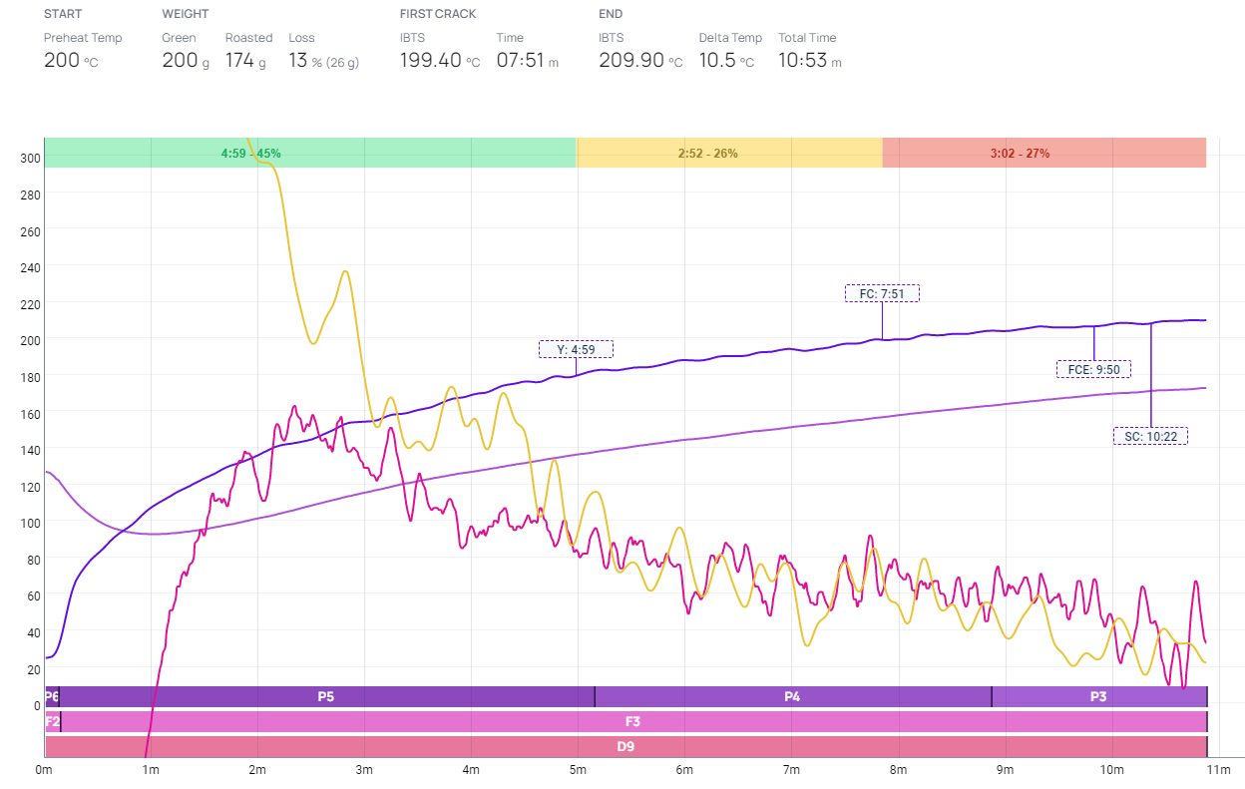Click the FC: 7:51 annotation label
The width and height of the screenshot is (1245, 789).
[x=882, y=293]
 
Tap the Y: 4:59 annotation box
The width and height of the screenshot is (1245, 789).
[x=576, y=349]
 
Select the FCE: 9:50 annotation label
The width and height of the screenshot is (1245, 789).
[x=1093, y=369]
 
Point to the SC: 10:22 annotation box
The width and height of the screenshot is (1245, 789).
[x=1150, y=436]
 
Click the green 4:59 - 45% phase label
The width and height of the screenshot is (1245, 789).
[x=250, y=154]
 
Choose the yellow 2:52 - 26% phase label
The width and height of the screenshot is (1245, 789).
[x=707, y=154]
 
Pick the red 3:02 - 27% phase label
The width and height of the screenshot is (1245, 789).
[x=1020, y=154]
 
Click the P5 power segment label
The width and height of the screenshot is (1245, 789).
[x=326, y=697]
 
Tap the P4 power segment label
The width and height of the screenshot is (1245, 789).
[x=792, y=697]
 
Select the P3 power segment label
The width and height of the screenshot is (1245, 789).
[x=1098, y=697]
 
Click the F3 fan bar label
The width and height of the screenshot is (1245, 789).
[x=632, y=721]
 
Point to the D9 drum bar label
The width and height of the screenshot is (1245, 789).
[x=625, y=745]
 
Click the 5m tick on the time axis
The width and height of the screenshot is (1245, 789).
[x=578, y=770]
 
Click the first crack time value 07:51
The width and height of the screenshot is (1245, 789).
[x=520, y=60]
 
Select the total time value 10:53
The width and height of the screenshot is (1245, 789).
[x=803, y=60]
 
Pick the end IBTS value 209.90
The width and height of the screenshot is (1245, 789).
[x=631, y=60]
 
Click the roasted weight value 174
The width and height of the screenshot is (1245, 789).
[x=239, y=60]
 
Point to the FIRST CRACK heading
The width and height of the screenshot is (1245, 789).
[x=438, y=14]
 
